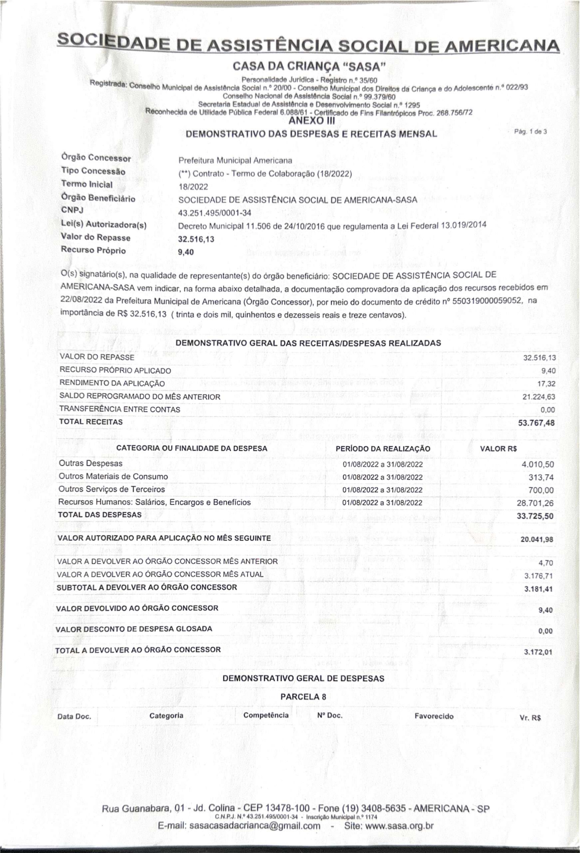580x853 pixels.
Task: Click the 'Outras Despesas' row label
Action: (91, 464)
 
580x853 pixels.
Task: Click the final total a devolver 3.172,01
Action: (538, 652)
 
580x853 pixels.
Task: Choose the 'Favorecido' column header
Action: (434, 716)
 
